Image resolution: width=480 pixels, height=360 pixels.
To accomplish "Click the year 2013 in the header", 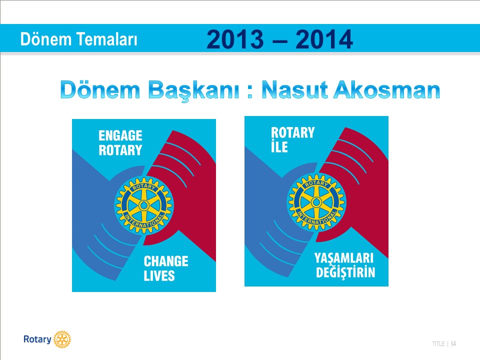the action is point(235,39).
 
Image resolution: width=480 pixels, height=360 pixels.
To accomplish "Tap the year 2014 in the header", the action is point(324,39).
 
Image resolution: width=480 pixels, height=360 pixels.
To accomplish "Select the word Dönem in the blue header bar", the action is point(46,39).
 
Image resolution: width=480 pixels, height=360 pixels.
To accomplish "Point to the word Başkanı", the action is point(194,90).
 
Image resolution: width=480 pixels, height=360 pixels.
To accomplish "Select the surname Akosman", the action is point(386,89).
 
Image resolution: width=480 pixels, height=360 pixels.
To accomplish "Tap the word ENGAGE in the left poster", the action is point(120,135).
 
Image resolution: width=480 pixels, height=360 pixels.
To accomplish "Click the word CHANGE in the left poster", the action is point(166,261).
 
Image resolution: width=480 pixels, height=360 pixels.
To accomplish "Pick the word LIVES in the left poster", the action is point(159,276).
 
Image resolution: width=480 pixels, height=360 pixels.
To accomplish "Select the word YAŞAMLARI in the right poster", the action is point(344,258).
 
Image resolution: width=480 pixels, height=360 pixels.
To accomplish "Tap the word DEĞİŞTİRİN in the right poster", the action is point(345,272).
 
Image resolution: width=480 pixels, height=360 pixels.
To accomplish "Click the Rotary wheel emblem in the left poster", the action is point(144,205).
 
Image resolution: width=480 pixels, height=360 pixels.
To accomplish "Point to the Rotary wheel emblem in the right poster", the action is point(316,202).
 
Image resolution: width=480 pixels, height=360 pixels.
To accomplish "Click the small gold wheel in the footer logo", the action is point(62,339).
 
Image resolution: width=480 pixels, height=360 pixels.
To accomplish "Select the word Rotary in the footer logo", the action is point(37,339).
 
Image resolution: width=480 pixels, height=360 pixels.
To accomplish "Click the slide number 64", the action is point(453,344).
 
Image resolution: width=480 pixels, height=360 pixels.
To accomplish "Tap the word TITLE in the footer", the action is point(438,344).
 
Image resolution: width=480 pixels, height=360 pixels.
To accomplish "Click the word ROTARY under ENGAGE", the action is point(120,150).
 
